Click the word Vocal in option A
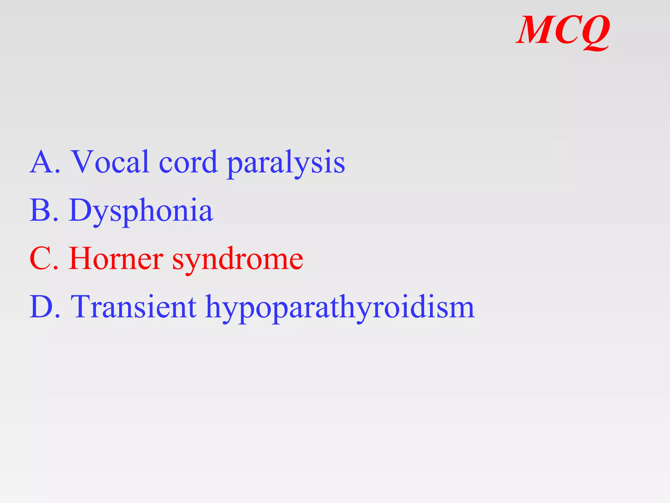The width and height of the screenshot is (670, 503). click(x=111, y=162)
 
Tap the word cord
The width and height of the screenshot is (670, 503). click(x=188, y=162)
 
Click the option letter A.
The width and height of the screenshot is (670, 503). click(x=41, y=162)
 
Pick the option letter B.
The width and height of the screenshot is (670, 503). click(x=40, y=210)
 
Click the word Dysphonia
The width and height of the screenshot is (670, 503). click(x=141, y=211)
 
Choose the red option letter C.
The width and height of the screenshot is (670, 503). click(x=40, y=259)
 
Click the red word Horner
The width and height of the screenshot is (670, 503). click(x=116, y=259)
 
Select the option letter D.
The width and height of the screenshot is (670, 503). click(x=41, y=307)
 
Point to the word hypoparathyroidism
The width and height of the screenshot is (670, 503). click(x=340, y=308)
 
